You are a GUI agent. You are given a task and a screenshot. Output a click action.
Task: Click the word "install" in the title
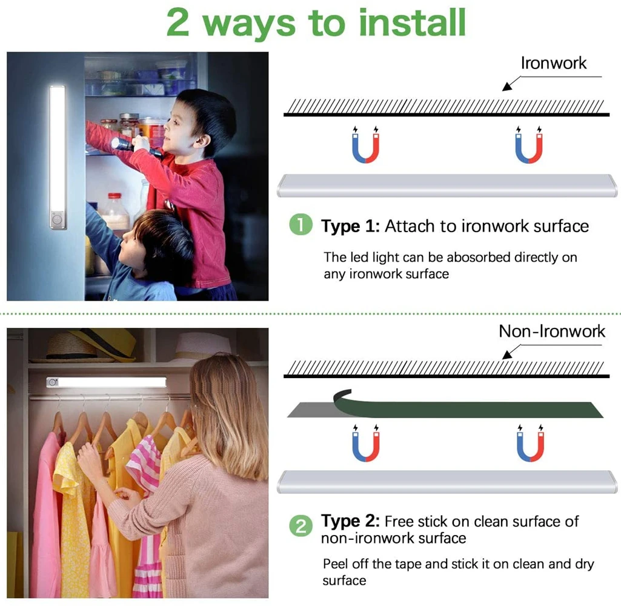pos(413,22)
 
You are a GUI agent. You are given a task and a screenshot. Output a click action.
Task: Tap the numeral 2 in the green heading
pos(179,22)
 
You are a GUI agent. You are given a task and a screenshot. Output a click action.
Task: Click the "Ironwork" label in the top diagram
pos(554,63)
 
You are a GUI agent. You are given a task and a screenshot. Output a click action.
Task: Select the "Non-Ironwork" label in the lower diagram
pos(552,331)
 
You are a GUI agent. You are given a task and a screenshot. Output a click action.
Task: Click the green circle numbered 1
pos(301,226)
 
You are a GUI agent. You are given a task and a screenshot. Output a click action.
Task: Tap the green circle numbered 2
pos(301,526)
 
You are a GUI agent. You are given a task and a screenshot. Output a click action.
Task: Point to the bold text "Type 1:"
pos(350,227)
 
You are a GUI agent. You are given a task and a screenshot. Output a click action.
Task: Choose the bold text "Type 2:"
pos(350,521)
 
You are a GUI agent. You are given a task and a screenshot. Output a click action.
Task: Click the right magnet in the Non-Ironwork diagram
pos(530,444)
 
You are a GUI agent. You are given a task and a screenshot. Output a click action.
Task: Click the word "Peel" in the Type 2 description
pos(335,564)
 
